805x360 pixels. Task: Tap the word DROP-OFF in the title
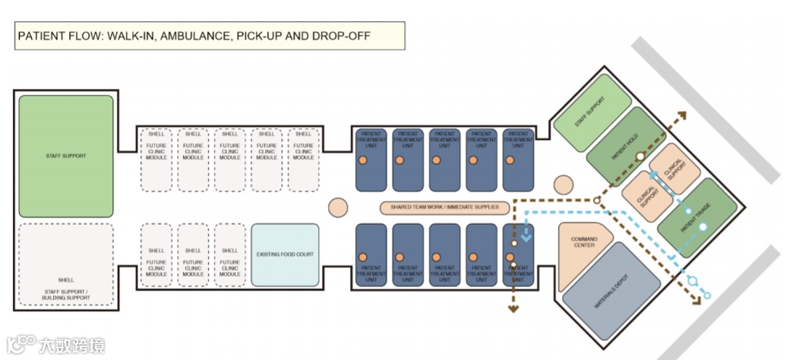click(x=366, y=36)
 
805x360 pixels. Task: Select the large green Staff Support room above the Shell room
click(x=66, y=156)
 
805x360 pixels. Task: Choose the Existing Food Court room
click(x=285, y=255)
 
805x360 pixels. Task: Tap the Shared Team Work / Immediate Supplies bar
click(x=444, y=207)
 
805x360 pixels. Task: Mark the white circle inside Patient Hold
click(x=641, y=156)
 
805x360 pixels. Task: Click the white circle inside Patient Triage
click(x=702, y=226)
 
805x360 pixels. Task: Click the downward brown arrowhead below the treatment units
click(x=513, y=308)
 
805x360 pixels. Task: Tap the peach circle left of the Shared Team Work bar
click(x=338, y=207)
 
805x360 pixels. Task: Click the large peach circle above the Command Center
click(x=563, y=185)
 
